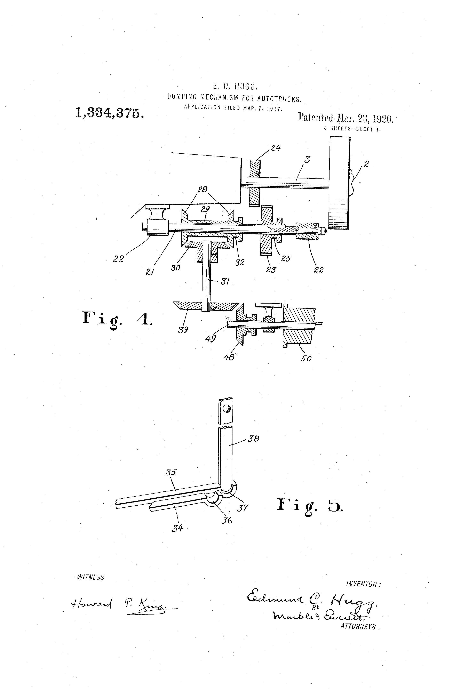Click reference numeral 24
[275, 148]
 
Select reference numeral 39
[183, 330]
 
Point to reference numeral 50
[306, 358]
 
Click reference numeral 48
[229, 357]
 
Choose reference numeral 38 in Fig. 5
[253, 439]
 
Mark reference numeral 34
[177, 528]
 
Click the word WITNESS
[90, 577]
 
